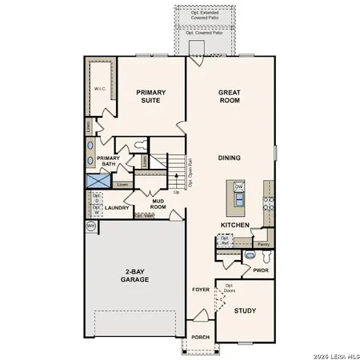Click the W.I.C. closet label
[x=100, y=89]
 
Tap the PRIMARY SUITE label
[x=150, y=97]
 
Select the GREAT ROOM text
[x=230, y=97]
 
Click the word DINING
[x=230, y=158]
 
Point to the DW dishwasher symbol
[x=238, y=186]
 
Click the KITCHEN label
[x=235, y=225]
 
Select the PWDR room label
[x=261, y=270]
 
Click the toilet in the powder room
[x=249, y=256]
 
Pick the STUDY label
[x=245, y=310]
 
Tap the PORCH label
[x=200, y=337]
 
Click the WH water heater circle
[x=90, y=226]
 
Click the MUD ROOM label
[x=158, y=203]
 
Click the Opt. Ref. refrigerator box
[x=226, y=240]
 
